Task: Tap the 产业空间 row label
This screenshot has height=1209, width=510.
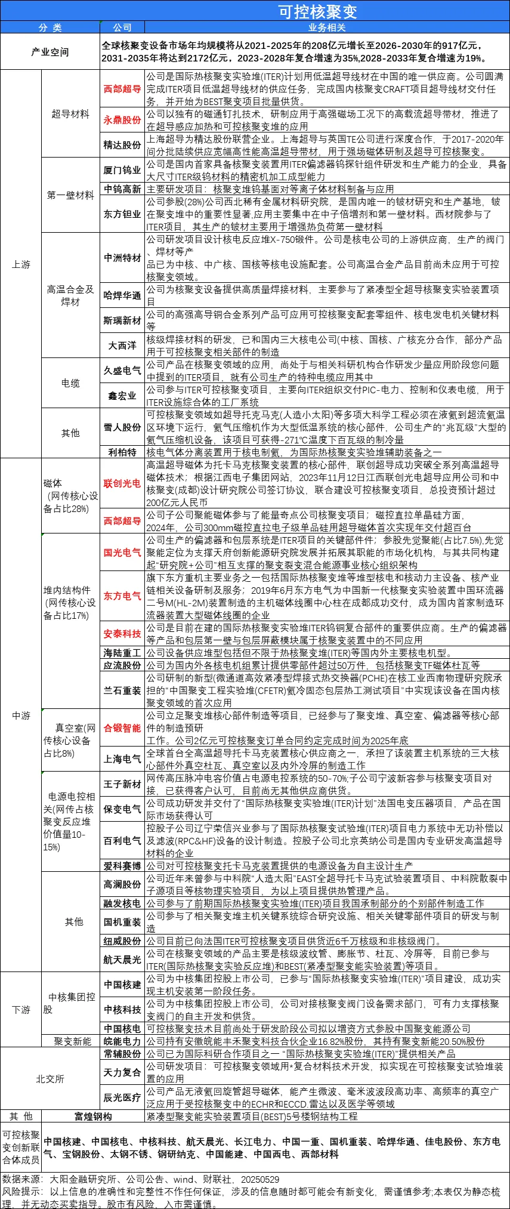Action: point(50,52)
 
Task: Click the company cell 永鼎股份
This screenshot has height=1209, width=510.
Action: point(122,120)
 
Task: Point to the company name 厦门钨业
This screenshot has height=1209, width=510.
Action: point(122,170)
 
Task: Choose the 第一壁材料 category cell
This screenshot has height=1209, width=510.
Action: point(70,195)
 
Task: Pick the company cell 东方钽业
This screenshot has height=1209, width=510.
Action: point(122,214)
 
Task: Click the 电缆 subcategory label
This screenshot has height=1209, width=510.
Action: point(70,383)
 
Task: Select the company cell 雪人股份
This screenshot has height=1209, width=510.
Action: point(122,427)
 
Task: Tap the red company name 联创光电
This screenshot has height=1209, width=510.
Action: point(122,483)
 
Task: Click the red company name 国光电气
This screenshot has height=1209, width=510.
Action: point(122,553)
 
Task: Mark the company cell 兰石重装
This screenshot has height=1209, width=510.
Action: point(122,690)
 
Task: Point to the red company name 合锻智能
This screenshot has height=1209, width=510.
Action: point(122,727)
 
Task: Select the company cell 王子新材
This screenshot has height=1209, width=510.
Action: point(122,784)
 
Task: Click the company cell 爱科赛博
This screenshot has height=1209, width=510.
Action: point(122,865)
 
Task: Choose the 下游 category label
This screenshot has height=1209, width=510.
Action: point(21,1010)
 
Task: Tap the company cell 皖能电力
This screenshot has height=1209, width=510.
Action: point(122,1041)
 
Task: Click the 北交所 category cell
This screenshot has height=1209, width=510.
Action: point(50,1079)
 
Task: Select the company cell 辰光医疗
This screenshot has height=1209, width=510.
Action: point(122,1097)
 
